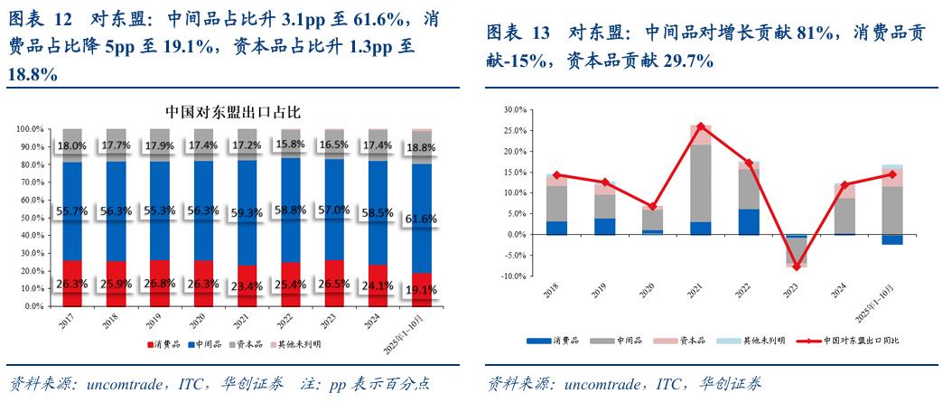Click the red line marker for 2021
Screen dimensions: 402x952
coord(701,126)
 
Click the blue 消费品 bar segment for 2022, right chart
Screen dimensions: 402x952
coord(750,221)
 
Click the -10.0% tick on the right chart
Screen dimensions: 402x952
coord(511,276)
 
